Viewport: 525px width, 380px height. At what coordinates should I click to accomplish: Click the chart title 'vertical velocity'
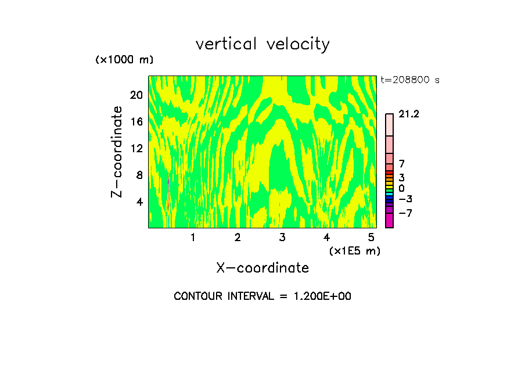pyautogui.click(x=262, y=44)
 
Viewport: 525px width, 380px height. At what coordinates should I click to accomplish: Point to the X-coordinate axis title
pyautogui.click(x=262, y=268)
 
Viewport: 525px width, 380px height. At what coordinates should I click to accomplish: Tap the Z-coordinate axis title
pyautogui.click(x=117, y=152)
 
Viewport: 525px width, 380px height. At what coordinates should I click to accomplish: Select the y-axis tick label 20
pyautogui.click(x=136, y=95)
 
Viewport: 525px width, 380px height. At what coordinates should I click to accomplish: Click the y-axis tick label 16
pyautogui.click(x=136, y=122)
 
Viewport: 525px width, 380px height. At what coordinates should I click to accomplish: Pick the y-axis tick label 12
pyautogui.click(x=136, y=149)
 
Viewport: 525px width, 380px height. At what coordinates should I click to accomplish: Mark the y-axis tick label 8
pyautogui.click(x=139, y=175)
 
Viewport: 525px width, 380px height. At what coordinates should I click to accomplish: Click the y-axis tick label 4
pyautogui.click(x=139, y=202)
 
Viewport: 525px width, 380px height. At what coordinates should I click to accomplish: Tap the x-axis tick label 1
pyautogui.click(x=193, y=238)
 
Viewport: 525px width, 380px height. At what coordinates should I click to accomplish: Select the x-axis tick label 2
pyautogui.click(x=238, y=238)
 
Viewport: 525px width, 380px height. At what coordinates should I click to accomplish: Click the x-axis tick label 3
pyautogui.click(x=282, y=238)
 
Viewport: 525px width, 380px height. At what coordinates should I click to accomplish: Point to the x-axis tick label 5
pyautogui.click(x=371, y=238)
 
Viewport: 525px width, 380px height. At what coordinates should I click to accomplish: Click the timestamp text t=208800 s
pyautogui.click(x=409, y=80)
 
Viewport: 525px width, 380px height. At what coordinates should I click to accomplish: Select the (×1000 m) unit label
pyautogui.click(x=124, y=60)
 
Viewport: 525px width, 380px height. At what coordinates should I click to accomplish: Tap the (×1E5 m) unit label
pyautogui.click(x=354, y=250)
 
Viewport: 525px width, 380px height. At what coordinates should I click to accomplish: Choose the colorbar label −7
pyautogui.click(x=405, y=213)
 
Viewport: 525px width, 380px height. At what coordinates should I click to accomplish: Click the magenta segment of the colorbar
pyautogui.click(x=389, y=221)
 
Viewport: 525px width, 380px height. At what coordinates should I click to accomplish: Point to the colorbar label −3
pyautogui.click(x=405, y=199)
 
